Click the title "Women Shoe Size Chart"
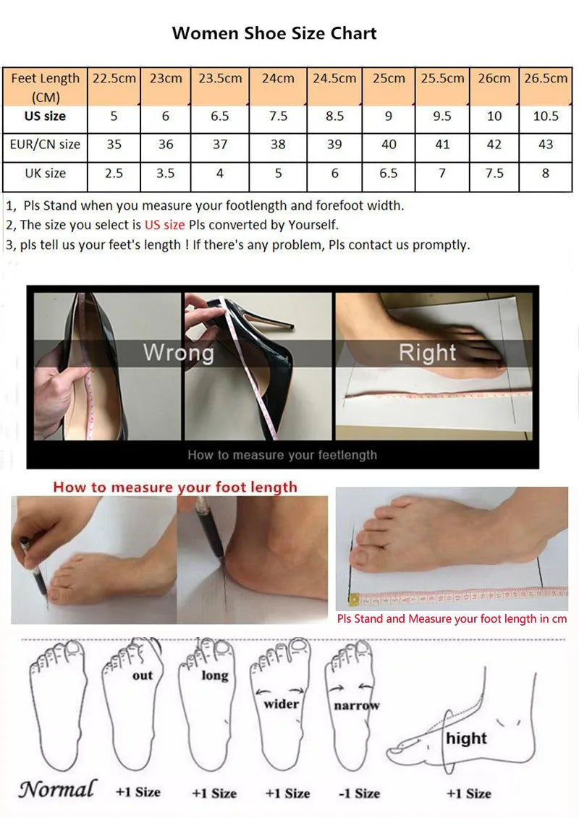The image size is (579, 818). tap(274, 33)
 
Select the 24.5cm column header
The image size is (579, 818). tap(334, 78)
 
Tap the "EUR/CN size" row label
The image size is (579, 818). tap(45, 144)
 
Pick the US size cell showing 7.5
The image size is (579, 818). tap(278, 116)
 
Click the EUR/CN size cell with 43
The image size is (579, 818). tap(546, 144)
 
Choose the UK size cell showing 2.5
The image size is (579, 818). tap(114, 174)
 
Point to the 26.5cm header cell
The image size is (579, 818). tap(546, 78)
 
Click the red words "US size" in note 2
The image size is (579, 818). tap(164, 225)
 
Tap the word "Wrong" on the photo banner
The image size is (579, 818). tap(178, 353)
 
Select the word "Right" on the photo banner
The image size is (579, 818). tap(427, 353)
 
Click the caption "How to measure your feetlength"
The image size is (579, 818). tap(282, 455)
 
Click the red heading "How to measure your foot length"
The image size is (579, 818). tap(175, 487)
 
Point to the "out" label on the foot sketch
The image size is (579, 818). tap(143, 675)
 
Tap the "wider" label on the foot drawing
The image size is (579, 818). tap(281, 703)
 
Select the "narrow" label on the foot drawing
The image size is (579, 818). tap(356, 705)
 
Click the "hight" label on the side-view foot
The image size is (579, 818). tap(466, 738)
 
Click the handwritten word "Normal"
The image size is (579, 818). tap(57, 789)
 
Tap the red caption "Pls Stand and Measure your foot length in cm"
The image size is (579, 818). tap(452, 618)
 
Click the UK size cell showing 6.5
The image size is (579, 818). tap(389, 174)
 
